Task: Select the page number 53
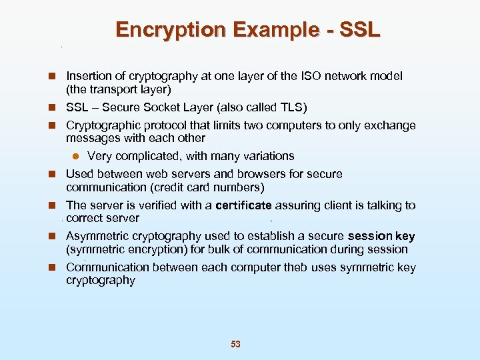pos(235,344)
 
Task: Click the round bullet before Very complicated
pos(76,157)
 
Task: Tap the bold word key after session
pos(405,236)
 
